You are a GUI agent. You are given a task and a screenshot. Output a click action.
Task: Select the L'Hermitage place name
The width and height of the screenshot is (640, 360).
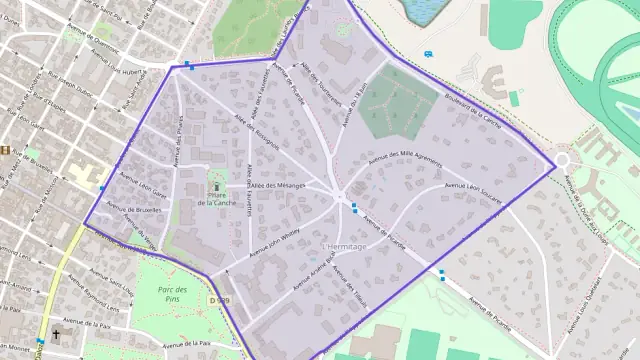pyautogui.click(x=344, y=246)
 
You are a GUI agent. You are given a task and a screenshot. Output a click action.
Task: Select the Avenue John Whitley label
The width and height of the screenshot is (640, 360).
pyautogui.click(x=264, y=241)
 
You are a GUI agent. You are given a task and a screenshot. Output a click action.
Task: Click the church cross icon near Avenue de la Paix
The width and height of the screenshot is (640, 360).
pyautogui.click(x=56, y=335)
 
